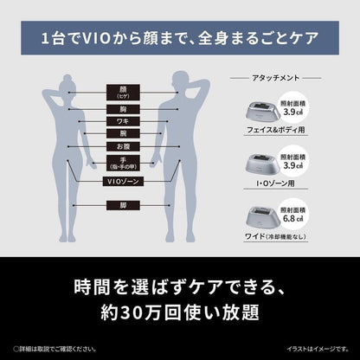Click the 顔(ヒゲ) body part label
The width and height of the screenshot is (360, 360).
pyautogui.click(x=120, y=92)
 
